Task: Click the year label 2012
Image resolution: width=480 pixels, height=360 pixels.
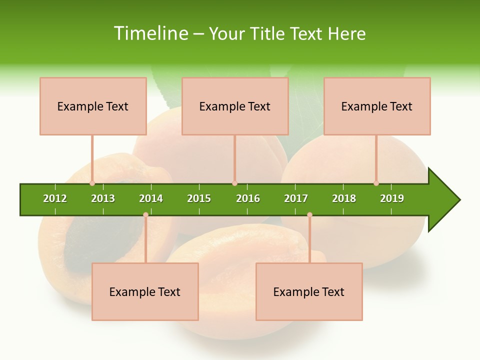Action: pos(55,198)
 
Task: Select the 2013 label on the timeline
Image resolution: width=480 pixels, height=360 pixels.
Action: pos(103,198)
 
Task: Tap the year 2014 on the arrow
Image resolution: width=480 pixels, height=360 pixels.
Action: pos(151,198)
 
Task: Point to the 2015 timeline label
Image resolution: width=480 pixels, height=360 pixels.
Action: pos(199,198)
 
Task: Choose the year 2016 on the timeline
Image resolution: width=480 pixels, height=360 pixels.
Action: pos(248,198)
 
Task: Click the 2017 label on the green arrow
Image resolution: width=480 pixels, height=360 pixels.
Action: pos(296,198)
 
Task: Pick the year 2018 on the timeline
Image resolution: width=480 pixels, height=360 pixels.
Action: pos(344,198)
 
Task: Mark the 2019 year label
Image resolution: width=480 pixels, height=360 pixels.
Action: pos(392,198)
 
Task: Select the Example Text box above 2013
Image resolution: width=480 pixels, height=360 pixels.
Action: pos(93,106)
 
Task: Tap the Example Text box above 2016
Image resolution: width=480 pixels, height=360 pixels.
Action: pos(235,106)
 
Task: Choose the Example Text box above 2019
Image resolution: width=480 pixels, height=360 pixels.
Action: pos(377,106)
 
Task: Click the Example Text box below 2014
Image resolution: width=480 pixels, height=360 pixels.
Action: pos(145,291)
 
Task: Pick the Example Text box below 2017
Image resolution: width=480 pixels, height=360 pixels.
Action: pos(309,291)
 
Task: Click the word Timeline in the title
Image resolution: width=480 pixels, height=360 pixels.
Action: pos(150,33)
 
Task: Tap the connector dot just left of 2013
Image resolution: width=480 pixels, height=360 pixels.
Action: pos(92,183)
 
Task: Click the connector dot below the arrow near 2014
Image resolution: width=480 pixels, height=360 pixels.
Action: pos(145,214)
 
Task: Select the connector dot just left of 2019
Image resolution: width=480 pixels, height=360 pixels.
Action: pos(376,183)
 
